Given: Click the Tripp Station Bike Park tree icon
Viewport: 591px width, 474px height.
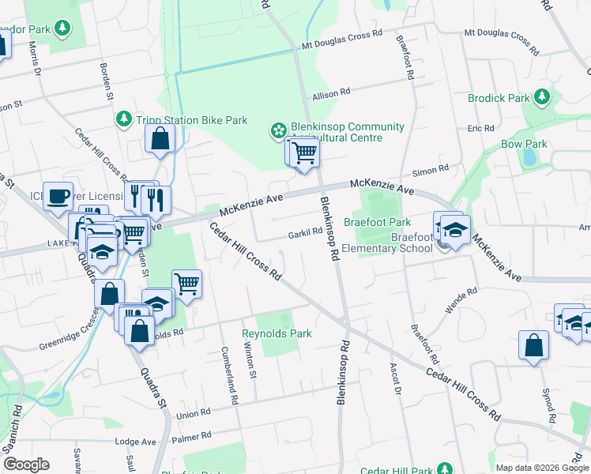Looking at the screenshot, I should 123,119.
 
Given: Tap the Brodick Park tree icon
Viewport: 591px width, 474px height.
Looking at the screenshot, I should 541,97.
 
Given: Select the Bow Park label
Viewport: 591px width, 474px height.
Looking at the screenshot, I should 524,145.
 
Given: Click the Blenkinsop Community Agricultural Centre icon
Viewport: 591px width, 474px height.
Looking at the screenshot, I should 278,130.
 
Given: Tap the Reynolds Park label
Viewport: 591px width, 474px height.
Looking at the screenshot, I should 277,333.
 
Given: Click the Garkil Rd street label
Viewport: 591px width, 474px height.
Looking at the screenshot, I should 305,233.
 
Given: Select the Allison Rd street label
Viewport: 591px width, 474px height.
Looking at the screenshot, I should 331,93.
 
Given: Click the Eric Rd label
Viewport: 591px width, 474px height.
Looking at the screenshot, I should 480,127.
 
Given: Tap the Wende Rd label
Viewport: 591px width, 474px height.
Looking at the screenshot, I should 461,300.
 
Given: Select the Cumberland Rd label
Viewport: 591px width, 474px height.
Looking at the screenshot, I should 229,376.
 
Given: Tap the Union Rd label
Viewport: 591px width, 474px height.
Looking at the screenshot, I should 194,413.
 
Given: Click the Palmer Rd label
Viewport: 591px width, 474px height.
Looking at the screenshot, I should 194,435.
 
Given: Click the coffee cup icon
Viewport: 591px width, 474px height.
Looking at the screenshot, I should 58,195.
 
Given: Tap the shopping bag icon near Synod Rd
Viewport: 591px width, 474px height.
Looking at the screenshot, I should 533,346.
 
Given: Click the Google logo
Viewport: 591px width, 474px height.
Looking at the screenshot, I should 26,465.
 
